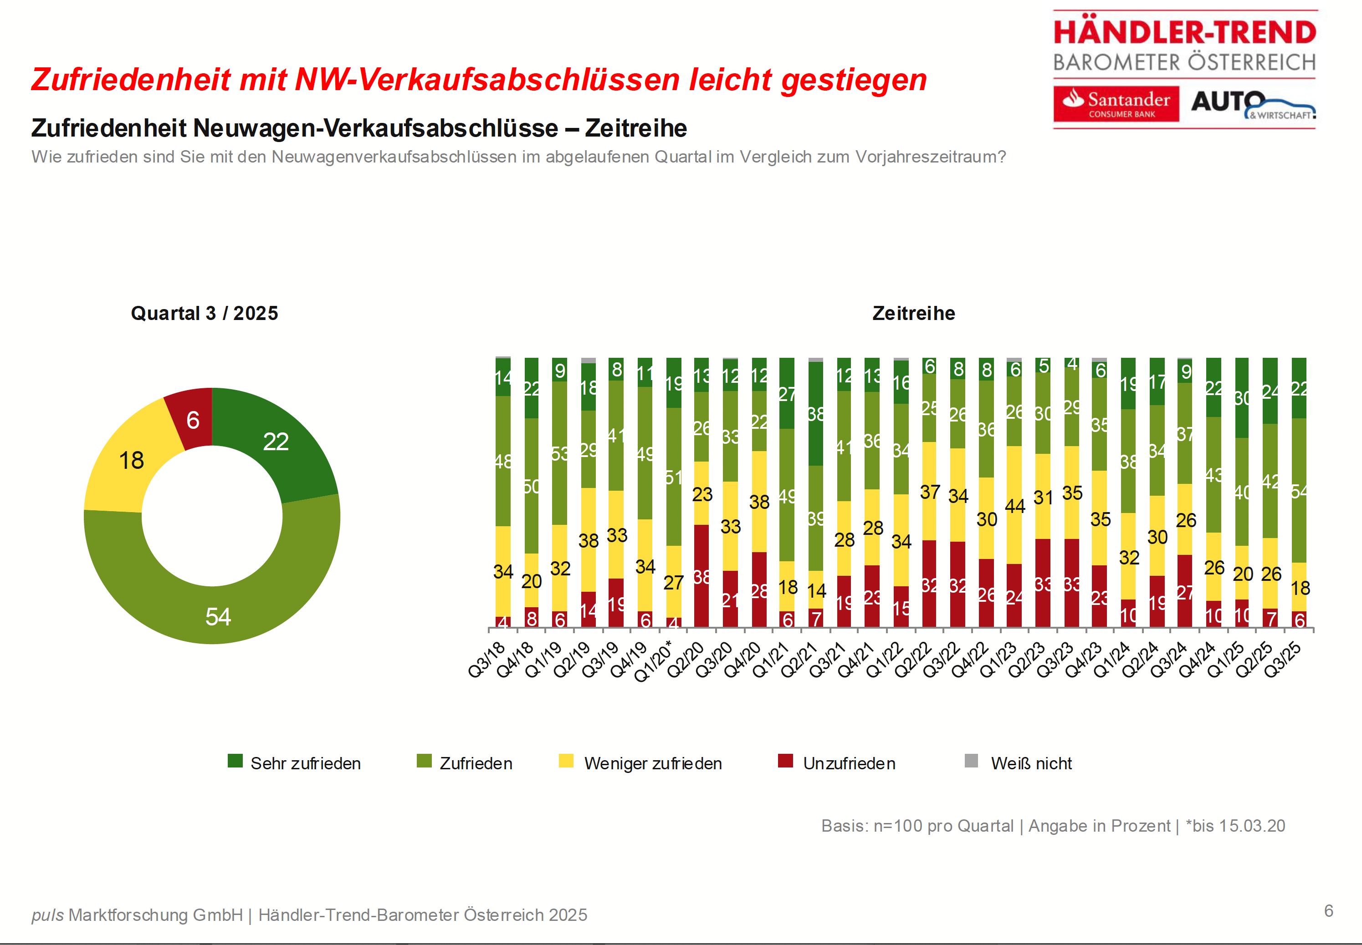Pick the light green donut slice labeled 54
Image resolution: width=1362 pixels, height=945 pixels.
(218, 616)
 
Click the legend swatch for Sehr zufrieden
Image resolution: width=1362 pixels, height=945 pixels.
(235, 761)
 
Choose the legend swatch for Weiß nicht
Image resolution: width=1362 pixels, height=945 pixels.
(971, 761)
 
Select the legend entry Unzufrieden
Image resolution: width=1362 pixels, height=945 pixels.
(848, 763)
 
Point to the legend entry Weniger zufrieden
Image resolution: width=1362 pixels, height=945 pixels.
(652, 763)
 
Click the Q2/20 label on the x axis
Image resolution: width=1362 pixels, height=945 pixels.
(686, 660)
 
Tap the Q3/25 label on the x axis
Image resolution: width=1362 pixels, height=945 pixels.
(1283, 660)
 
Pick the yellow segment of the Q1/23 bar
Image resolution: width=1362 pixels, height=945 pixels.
(1014, 505)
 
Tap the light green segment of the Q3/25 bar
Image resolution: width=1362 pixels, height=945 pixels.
(1299, 490)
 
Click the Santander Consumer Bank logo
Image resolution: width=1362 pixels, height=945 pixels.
(1116, 104)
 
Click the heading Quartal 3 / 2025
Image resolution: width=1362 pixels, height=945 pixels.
(205, 313)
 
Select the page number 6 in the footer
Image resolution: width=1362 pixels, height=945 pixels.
(1329, 911)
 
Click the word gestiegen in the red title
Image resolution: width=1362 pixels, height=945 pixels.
(854, 80)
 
